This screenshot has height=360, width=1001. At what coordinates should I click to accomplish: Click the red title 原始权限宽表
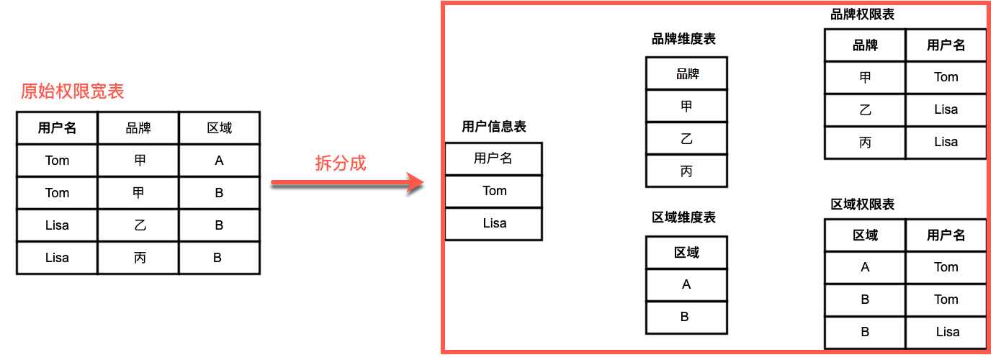point(72,91)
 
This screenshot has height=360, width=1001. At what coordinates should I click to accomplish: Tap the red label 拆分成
point(341,163)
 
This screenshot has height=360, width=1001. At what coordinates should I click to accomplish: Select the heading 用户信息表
point(493,127)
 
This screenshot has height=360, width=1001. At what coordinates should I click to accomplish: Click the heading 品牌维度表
point(683,39)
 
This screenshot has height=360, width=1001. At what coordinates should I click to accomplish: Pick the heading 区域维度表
point(683,217)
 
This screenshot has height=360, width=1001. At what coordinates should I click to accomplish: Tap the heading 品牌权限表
point(862,14)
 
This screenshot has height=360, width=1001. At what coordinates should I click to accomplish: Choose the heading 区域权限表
point(862,204)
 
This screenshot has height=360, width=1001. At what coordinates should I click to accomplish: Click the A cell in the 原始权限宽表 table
point(219,161)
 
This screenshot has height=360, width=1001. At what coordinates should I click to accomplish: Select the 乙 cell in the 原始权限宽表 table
point(138,225)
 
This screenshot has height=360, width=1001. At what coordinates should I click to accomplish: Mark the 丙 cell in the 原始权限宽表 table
point(138,257)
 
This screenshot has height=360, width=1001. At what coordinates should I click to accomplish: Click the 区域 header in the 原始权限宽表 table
point(219,128)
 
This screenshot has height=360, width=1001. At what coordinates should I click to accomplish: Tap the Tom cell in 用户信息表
point(494,191)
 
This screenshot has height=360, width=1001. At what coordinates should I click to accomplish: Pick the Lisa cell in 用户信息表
point(494,223)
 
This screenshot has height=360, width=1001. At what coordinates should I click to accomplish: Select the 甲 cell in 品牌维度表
point(686,106)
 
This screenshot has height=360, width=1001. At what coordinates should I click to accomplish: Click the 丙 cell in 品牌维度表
point(686,171)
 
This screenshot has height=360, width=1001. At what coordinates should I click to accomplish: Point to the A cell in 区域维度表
point(686,284)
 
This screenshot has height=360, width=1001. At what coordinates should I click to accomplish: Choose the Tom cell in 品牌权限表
point(946,77)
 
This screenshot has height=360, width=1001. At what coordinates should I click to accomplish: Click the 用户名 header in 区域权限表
point(946,235)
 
